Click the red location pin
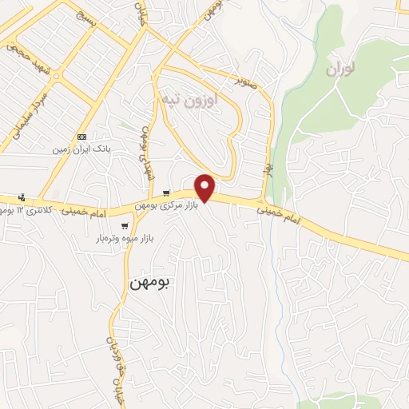206,187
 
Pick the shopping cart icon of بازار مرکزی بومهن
165,193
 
